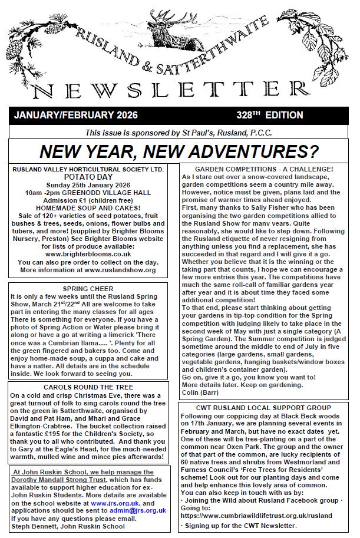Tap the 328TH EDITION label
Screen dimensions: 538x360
tap(259, 114)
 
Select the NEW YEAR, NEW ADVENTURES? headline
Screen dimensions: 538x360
tap(180, 151)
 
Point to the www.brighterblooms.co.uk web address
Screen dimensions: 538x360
tap(88, 254)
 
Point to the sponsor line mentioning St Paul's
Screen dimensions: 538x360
tap(179, 133)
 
